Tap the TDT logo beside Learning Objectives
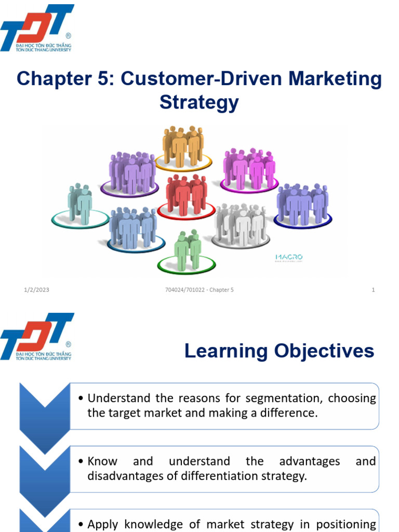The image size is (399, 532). (x=36, y=336)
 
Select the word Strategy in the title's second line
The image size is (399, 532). (x=199, y=102)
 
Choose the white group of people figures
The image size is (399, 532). (x=241, y=224)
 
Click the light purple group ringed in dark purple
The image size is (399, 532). (x=132, y=172)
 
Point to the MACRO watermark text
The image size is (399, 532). (x=288, y=257)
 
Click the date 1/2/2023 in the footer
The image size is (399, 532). (x=36, y=290)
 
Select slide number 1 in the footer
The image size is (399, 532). (x=373, y=290)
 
